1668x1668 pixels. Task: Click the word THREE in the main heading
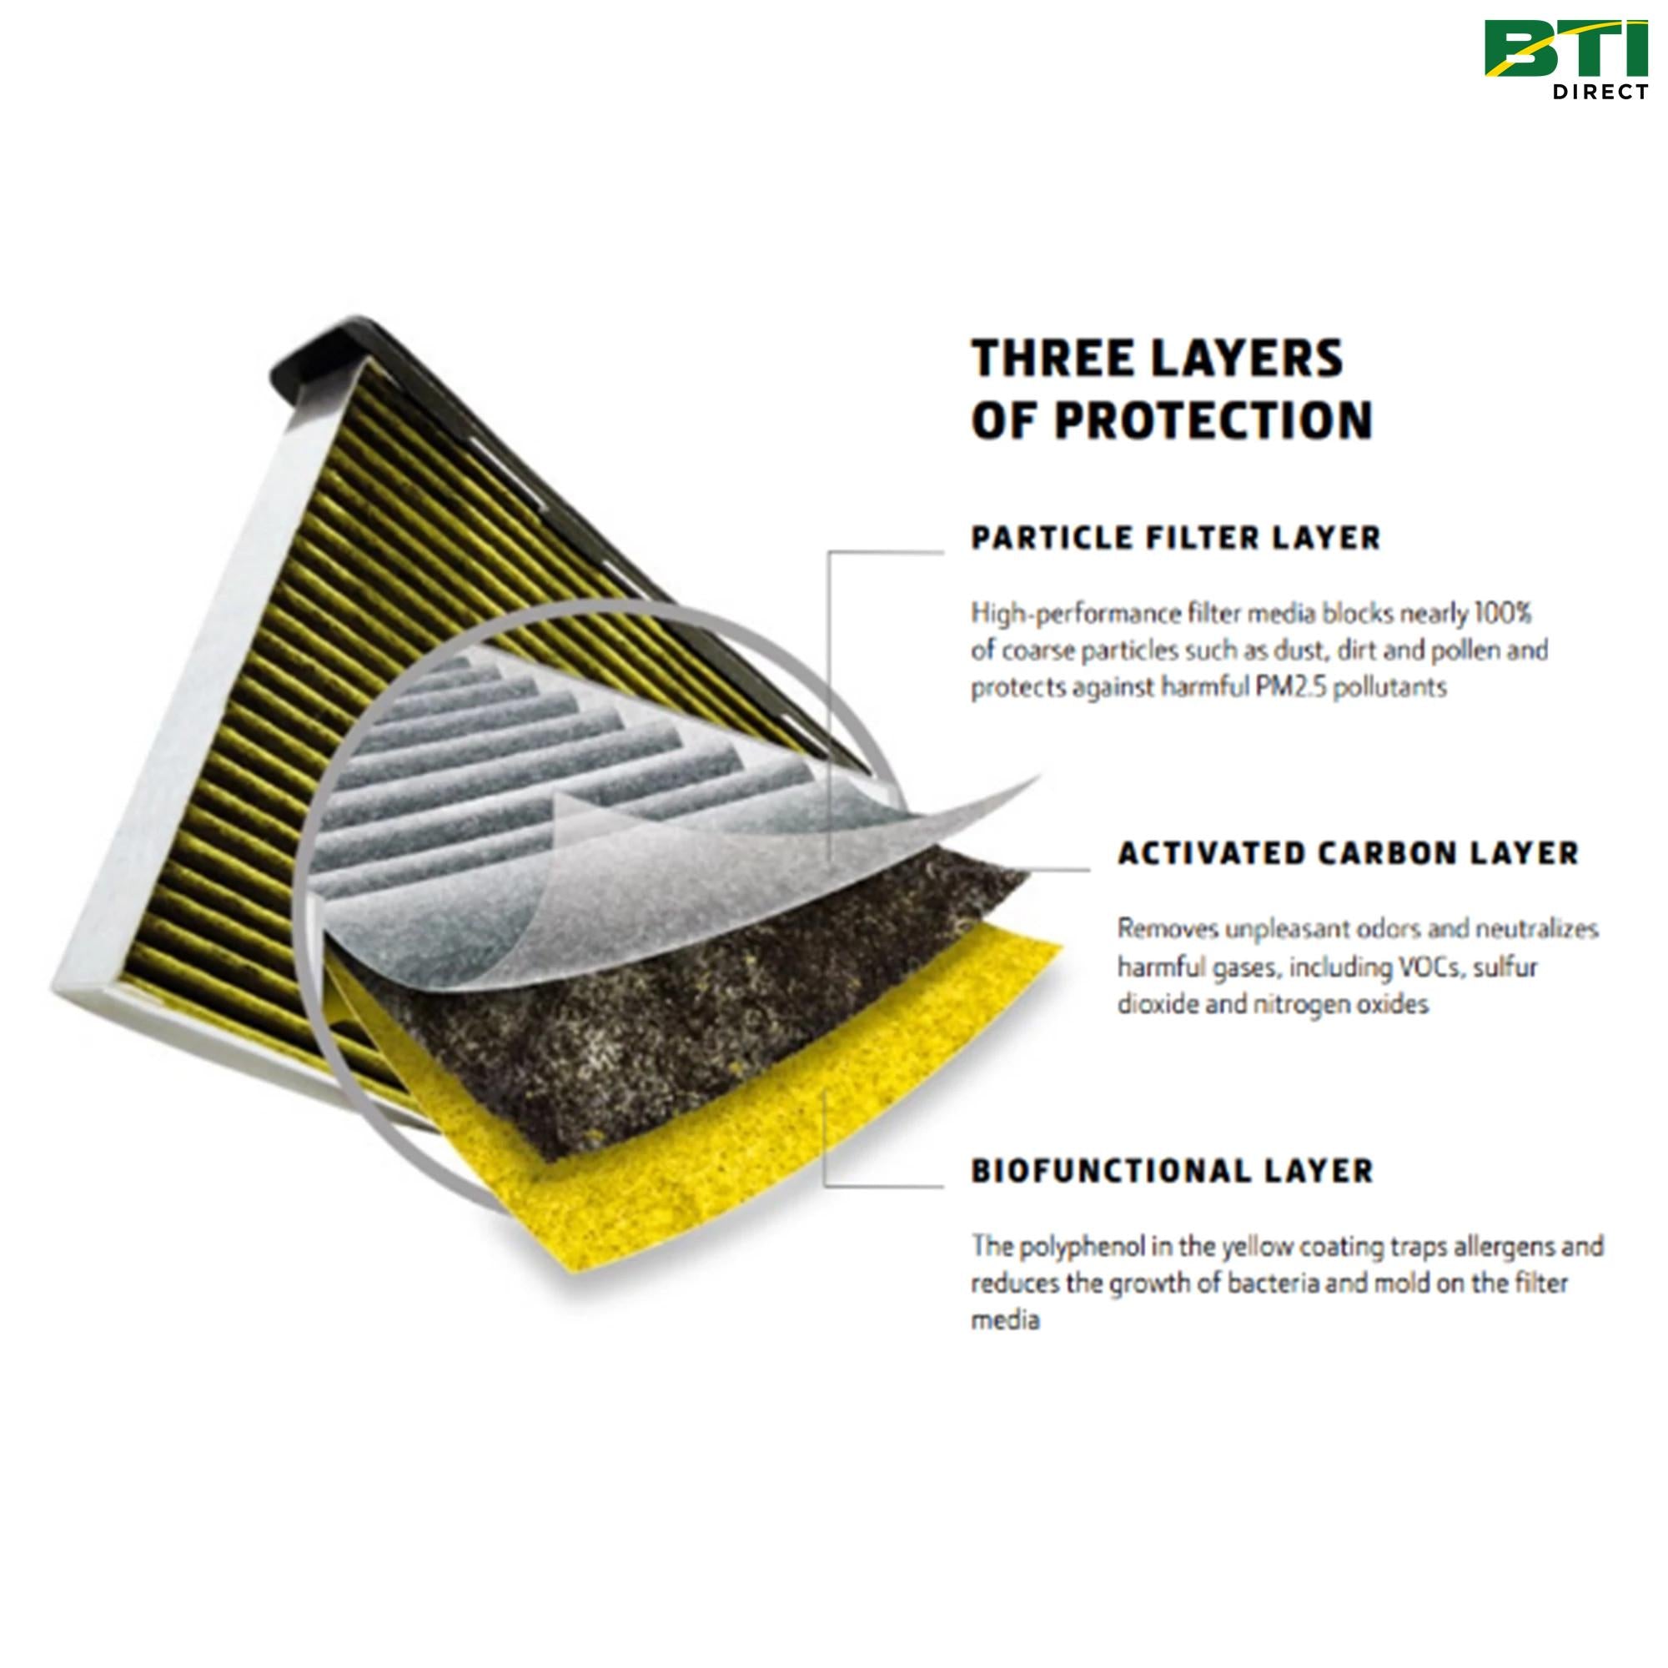click(1050, 359)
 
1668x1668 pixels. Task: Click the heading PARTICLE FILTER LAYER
click(1176, 538)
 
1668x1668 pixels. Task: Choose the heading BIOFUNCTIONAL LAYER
click(1172, 1172)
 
